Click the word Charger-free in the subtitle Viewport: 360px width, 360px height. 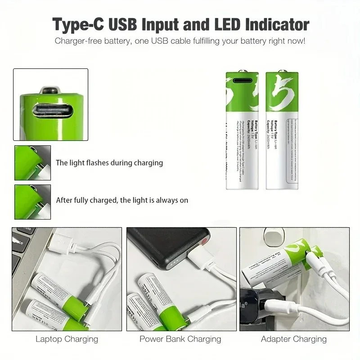coord(76,41)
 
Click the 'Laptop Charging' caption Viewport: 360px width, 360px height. coord(67,339)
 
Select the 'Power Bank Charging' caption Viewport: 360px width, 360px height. coord(180,339)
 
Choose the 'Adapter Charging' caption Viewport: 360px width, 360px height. coord(294,339)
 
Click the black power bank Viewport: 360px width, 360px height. coord(166,252)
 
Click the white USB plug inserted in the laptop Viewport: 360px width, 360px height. coord(61,243)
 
